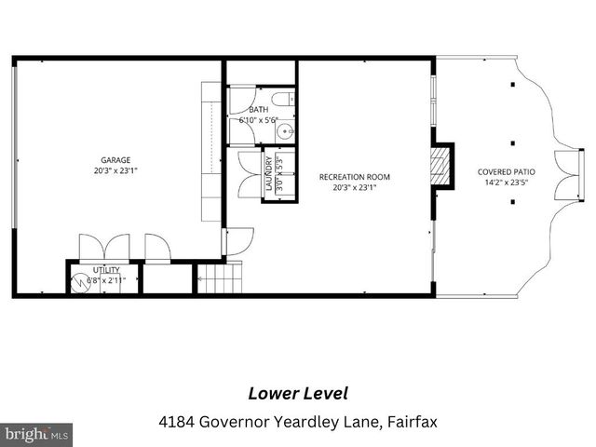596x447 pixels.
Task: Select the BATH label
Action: tap(257, 110)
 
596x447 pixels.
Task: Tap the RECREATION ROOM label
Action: tap(354, 176)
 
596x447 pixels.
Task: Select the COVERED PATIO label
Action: tap(506, 171)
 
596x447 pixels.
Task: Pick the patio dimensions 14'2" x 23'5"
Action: tap(506, 183)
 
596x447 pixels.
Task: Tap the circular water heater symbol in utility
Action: tap(79, 281)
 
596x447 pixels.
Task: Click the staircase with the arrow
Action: tap(219, 278)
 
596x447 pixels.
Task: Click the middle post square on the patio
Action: tap(512, 143)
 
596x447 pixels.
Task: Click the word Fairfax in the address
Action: tap(412, 422)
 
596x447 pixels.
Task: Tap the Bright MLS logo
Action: tap(37, 434)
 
